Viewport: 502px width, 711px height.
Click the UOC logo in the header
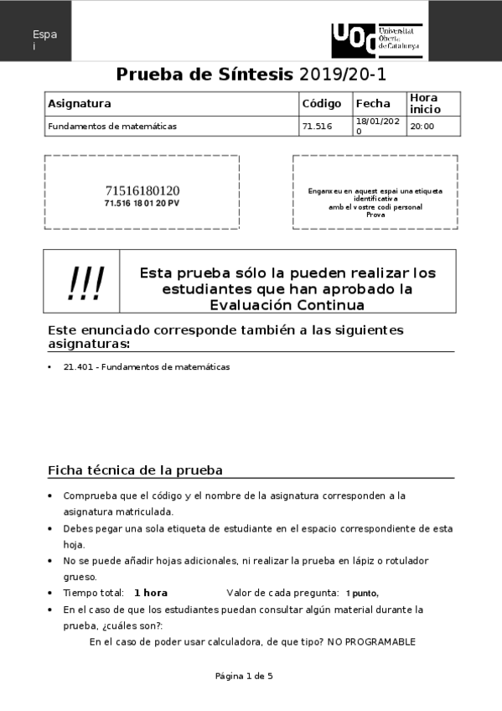click(x=376, y=40)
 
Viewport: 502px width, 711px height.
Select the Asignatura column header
click(x=80, y=104)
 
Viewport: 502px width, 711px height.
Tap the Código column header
click(x=321, y=104)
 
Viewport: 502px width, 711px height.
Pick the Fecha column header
click(x=373, y=104)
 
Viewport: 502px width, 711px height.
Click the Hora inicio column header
click(x=424, y=104)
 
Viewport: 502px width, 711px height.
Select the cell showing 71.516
click(x=317, y=127)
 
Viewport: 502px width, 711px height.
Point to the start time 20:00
click(x=422, y=127)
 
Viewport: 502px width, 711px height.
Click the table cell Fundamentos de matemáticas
click(x=112, y=127)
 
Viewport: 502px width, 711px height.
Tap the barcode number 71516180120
click(x=142, y=190)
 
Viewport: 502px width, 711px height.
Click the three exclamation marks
click(x=85, y=286)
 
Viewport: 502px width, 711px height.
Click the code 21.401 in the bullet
click(x=75, y=367)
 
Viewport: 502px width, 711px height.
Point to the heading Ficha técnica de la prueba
click(x=135, y=470)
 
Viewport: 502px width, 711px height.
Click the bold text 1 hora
click(x=151, y=593)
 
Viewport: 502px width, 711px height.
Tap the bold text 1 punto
click(x=362, y=593)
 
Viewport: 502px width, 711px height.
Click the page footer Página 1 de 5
click(x=244, y=676)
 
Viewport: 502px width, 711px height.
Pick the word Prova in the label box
click(x=375, y=215)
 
